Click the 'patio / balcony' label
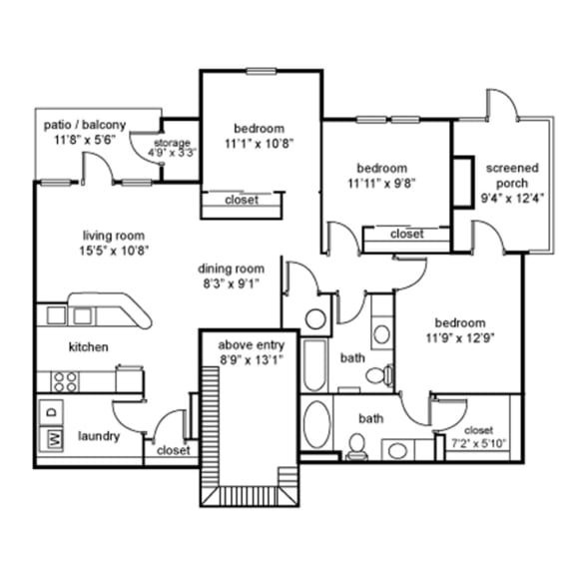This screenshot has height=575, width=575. (x=85, y=125)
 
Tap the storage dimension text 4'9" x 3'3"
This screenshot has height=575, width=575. (x=173, y=154)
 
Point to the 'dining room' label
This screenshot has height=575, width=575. (x=231, y=269)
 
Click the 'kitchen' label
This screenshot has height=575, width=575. (x=88, y=347)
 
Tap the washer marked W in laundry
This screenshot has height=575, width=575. (x=54, y=438)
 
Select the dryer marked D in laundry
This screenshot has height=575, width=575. (x=54, y=410)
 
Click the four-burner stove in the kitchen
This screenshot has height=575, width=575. (x=66, y=379)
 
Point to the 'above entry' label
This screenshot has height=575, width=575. (x=258, y=345)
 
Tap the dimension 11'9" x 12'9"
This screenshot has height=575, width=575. (x=459, y=338)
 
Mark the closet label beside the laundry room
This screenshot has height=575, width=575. (x=173, y=450)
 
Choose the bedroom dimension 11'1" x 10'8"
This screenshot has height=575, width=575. (x=259, y=143)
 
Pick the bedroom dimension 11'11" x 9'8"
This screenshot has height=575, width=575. (x=380, y=183)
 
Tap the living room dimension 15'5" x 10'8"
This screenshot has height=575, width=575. (x=115, y=252)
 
